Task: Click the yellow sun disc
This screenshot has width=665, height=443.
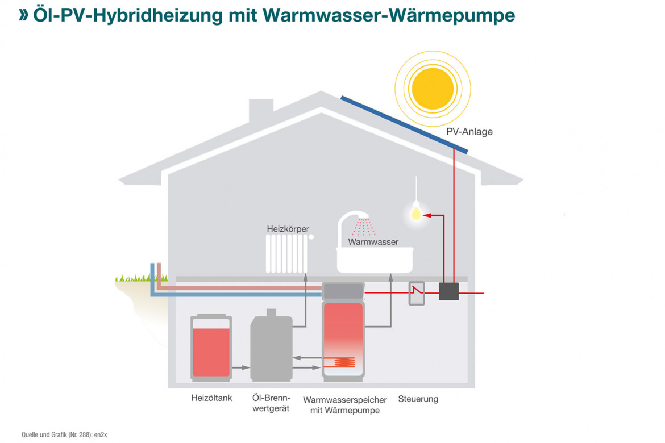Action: [x=433, y=86]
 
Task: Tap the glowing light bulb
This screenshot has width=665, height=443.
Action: [x=416, y=211]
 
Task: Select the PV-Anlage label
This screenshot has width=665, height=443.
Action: [x=469, y=132]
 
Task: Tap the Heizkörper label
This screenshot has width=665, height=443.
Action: [x=288, y=229]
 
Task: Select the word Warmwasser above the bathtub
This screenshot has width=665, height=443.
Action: [x=373, y=242]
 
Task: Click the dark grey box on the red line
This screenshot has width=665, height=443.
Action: [x=448, y=291]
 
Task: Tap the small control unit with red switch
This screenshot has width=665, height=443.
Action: [x=417, y=292]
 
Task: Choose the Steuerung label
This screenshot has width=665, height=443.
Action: [x=418, y=399]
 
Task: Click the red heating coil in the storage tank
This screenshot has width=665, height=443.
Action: [x=344, y=362]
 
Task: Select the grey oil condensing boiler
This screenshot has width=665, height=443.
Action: [x=271, y=348]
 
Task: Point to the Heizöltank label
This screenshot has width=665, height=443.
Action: [x=211, y=398]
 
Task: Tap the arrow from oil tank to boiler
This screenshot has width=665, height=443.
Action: [x=241, y=367]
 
